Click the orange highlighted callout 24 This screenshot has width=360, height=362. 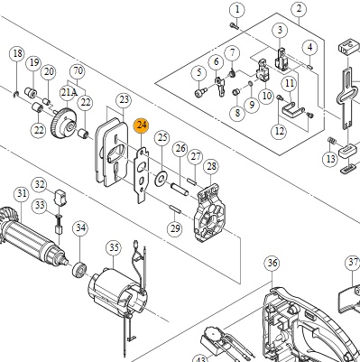(x=142, y=125)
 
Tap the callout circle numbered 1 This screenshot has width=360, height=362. (x=237, y=10)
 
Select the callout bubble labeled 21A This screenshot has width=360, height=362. (x=69, y=93)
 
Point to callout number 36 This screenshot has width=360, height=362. (x=272, y=264)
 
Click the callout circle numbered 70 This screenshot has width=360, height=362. (x=78, y=71)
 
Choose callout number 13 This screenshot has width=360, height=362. (x=330, y=159)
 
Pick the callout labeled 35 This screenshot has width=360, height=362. (x=114, y=248)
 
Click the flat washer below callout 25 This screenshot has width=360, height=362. (x=162, y=178)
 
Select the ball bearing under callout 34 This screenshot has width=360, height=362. (x=79, y=268)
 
